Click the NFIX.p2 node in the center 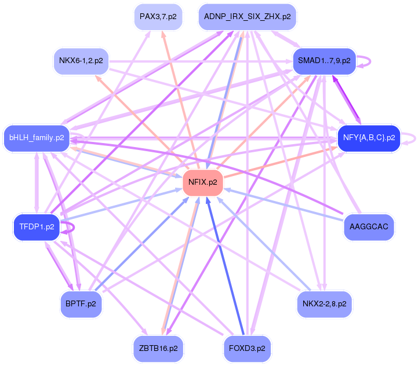pos(203,182)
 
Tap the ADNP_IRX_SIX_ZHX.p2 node pos(248,17)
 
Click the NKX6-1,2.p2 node pos(81,60)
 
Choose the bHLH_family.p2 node pos(36,138)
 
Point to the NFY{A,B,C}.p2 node pos(369,138)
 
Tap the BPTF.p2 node pos(81,303)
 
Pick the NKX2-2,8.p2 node pos(324,303)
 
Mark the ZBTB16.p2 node pos(158,349)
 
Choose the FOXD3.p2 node pos(248,349)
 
